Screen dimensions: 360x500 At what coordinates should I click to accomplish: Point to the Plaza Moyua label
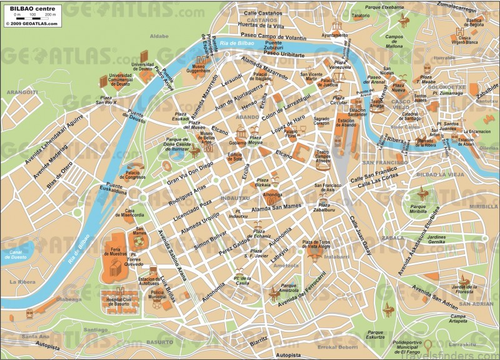tap(256, 141)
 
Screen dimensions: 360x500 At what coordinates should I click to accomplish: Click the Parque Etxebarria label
tap(384, 7)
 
